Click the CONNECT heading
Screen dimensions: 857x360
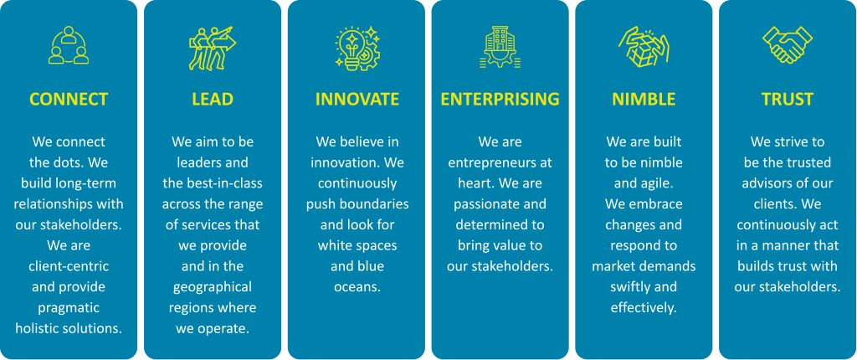69,99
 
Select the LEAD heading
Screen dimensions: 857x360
213,99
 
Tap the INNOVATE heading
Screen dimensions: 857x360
357,99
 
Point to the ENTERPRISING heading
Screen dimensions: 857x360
500,99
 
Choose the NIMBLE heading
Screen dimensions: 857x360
644,99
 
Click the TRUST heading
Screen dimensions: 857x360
788,99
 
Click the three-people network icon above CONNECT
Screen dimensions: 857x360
69,45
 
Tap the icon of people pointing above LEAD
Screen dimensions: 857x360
213,48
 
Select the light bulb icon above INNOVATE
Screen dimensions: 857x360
357,48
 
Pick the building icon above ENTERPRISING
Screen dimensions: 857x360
500,47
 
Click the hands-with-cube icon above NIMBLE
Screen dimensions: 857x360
644,47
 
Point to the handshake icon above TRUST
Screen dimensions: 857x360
788,45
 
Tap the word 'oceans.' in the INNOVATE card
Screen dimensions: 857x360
357,286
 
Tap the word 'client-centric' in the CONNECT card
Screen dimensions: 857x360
69,266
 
